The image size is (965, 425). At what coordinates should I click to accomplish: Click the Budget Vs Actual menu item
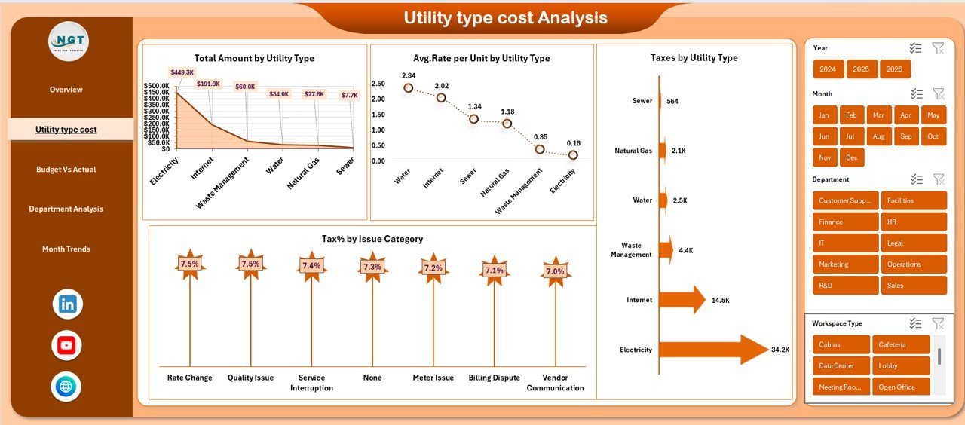[x=66, y=170]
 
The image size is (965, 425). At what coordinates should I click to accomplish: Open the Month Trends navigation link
[x=66, y=249]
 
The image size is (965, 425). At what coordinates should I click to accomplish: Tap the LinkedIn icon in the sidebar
[x=67, y=304]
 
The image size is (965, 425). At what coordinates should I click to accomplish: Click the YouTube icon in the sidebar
[x=66, y=346]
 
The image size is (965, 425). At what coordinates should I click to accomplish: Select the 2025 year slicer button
[x=861, y=69]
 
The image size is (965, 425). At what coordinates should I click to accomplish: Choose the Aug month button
[x=878, y=136]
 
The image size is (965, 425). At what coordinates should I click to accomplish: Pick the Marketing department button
[x=845, y=264]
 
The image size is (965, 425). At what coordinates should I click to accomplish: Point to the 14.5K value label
[x=720, y=300]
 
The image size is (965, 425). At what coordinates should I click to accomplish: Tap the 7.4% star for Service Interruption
[x=311, y=265]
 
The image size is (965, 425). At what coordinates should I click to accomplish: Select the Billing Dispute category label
[x=495, y=378]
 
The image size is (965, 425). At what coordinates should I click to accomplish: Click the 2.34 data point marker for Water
[x=409, y=88]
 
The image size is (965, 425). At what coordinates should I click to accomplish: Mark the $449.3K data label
[x=182, y=72]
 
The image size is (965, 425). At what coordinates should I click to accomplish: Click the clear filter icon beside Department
[x=939, y=179]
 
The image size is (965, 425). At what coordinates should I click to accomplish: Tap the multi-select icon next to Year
[x=916, y=48]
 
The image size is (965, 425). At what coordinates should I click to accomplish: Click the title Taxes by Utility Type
[x=694, y=57]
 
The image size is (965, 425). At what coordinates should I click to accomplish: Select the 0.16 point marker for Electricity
[x=574, y=155]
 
